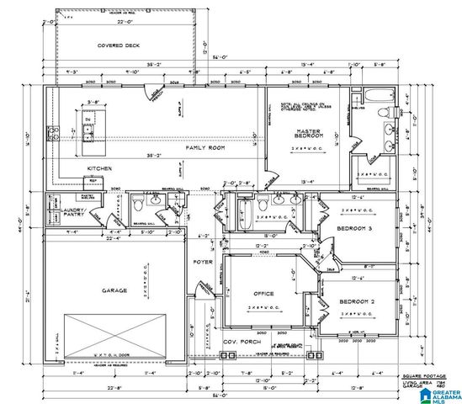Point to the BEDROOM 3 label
(x=353, y=229)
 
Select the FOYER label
(x=204, y=262)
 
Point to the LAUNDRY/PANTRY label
(x=65, y=213)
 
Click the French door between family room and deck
(x=153, y=89)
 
